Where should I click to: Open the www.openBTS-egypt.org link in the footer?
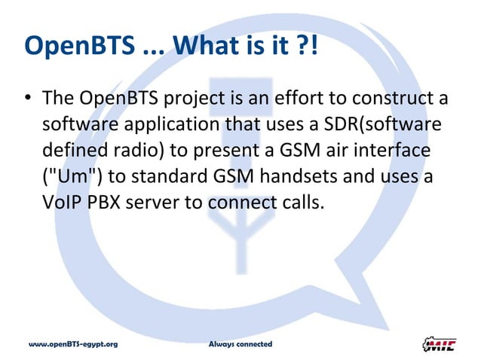coord(73,344)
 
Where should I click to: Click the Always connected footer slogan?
coord(240,344)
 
